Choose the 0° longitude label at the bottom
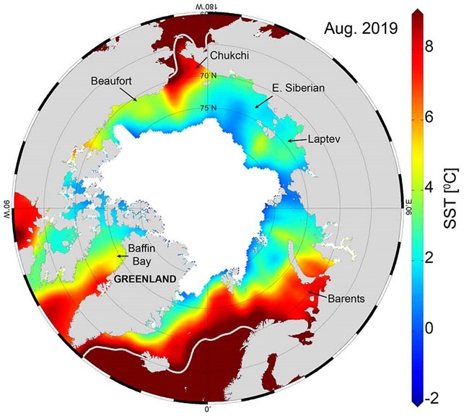pos(208,409)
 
